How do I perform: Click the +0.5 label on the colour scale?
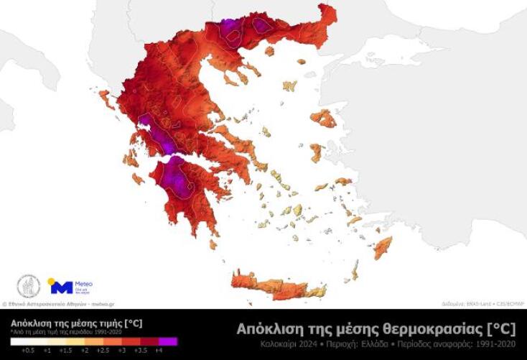(28, 349)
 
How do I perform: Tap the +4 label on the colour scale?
(158, 349)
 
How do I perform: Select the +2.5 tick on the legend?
(103, 349)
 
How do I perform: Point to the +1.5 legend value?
(65, 349)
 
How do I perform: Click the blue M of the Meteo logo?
(60, 287)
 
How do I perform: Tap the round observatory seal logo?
(28, 286)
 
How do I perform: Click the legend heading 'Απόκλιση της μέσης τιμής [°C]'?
(75, 323)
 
